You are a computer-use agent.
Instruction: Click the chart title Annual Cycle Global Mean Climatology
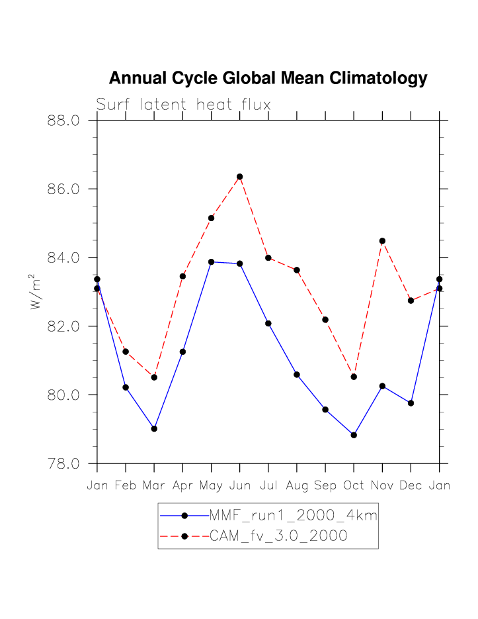tap(268, 78)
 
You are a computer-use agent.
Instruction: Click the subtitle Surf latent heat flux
tap(183, 105)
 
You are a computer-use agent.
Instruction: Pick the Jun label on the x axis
tap(239, 486)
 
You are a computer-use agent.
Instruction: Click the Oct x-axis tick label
tap(354, 486)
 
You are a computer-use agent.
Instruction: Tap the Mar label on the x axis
tap(154, 486)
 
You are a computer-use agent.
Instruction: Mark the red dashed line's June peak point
tap(240, 177)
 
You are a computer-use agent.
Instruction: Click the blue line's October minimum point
tap(354, 435)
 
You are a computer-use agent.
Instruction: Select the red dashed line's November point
tap(382, 241)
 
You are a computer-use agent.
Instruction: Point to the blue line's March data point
tap(154, 428)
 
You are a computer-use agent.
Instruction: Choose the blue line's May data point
tap(212, 262)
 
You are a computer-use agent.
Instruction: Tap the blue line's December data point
tap(411, 403)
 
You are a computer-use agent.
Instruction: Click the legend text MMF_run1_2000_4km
tap(293, 516)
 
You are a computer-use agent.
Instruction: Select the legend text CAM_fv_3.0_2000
tap(278, 536)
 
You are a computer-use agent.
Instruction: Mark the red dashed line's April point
tap(183, 276)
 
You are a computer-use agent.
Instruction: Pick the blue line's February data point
tap(126, 387)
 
